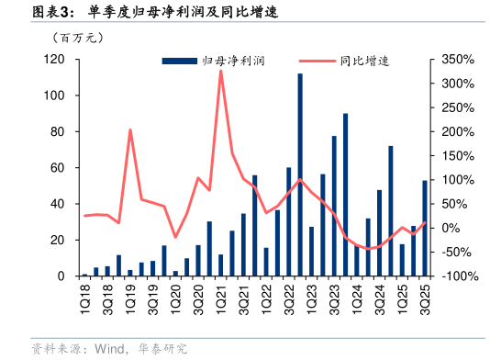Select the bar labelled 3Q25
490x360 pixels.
click(425, 228)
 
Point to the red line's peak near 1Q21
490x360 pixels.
click(221, 71)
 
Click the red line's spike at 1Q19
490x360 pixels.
click(130, 130)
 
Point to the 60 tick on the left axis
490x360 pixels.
click(58, 168)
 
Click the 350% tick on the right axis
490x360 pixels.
click(456, 60)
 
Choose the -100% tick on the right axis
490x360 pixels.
click(456, 276)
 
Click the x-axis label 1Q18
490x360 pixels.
click(84, 297)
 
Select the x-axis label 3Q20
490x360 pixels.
click(198, 297)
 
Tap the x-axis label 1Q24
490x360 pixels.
click(357, 297)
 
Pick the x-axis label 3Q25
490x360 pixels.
click(425, 297)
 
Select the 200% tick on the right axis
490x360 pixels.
click(456, 131)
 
